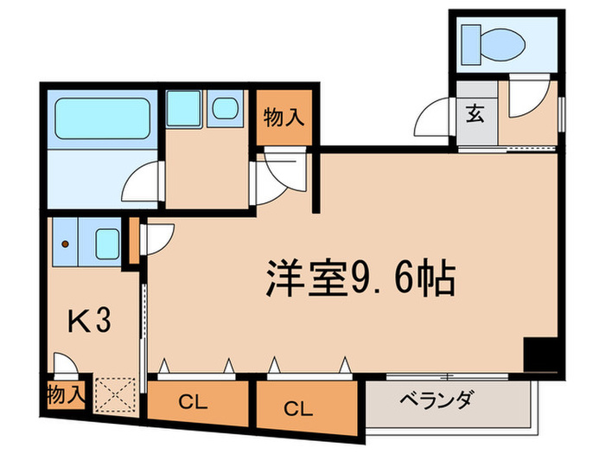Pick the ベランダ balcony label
436,400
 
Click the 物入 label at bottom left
66,396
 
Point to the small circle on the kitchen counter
64,243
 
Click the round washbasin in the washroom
226,107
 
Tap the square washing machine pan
183,108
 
